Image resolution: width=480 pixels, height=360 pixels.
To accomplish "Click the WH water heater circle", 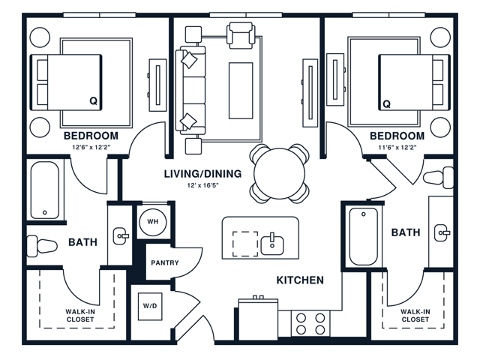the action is point(153,222).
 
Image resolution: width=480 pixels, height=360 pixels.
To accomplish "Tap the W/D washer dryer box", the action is point(150,307).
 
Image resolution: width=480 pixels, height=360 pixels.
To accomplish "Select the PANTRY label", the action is point(165,262).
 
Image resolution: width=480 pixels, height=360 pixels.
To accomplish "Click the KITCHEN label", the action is point(300,280).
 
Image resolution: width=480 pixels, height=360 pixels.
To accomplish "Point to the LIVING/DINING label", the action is point(202,174).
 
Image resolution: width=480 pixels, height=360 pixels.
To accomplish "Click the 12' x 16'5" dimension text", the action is point(203,185).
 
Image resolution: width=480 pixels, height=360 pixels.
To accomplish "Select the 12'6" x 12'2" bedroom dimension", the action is point(91,147).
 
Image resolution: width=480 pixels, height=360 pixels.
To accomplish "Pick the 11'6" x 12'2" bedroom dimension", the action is point(397,147).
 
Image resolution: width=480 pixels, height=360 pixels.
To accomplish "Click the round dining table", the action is point(280,173).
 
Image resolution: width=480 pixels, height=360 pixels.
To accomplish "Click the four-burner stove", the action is point(310,323).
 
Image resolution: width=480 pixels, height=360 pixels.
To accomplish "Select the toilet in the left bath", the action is point(42,245).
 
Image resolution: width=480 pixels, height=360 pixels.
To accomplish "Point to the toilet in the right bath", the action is point(438,178).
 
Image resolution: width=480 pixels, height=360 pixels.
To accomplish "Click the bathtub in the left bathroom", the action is point(45,190).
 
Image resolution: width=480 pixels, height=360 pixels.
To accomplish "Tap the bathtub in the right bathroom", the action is point(364,236).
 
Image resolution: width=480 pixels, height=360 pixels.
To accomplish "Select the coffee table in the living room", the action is point(241,91).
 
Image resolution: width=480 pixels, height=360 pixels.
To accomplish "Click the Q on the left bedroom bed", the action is point(93,100).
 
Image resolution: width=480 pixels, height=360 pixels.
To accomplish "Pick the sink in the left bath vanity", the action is point(121,235).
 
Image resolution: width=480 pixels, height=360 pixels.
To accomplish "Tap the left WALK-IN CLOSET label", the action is point(80,316).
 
